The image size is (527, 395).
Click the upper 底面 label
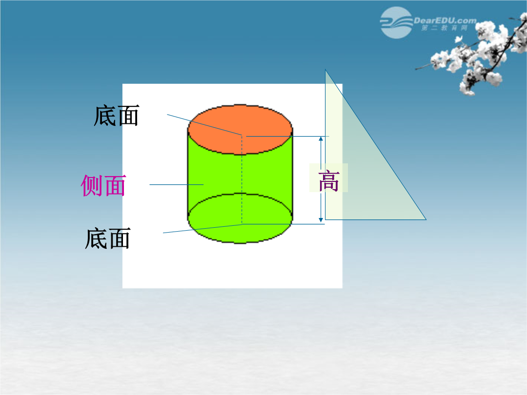click(x=116, y=116)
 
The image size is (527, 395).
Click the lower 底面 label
click(x=107, y=238)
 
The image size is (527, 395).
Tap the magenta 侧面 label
click(x=103, y=185)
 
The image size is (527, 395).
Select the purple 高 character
click(x=329, y=181)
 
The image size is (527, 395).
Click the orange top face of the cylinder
click(x=240, y=129)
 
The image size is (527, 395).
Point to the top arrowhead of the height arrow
click(x=321, y=138)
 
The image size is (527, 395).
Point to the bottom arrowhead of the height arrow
click(x=321, y=219)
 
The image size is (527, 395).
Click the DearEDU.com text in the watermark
click(x=445, y=20)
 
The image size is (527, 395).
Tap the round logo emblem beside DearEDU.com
click(x=396, y=22)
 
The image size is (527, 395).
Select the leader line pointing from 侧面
click(x=177, y=184)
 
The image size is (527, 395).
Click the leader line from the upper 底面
click(x=204, y=125)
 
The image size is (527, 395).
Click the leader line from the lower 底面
click(x=203, y=228)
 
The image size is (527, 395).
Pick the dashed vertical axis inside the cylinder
click(x=242, y=179)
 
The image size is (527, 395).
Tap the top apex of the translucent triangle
click(x=325, y=70)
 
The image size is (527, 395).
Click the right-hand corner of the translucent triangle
click(x=426, y=219)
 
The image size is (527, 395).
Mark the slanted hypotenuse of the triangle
click(x=376, y=145)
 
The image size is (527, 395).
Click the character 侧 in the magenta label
click(x=92, y=185)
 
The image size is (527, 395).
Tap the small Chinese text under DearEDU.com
click(x=445, y=28)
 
